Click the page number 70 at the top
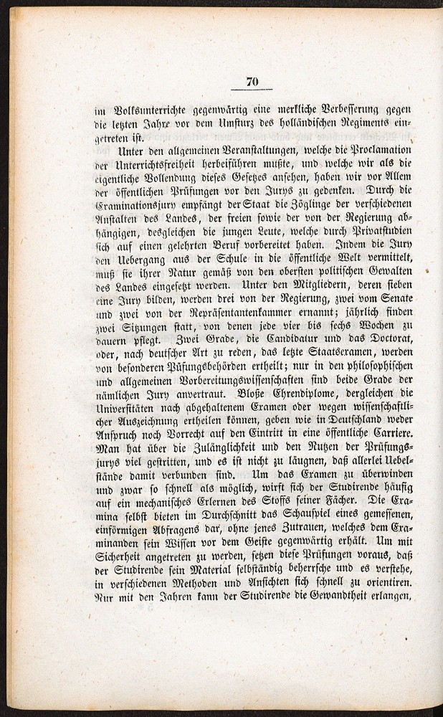click(251, 81)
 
